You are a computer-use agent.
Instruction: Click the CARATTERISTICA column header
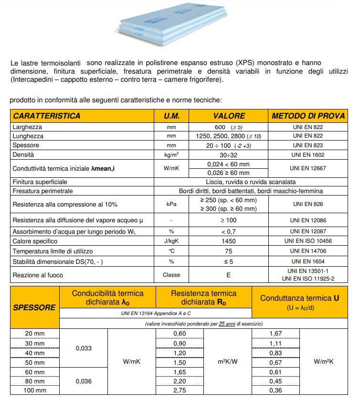click(47, 116)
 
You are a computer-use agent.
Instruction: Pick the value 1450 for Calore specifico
click(229, 241)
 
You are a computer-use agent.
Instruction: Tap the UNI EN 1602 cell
click(309, 155)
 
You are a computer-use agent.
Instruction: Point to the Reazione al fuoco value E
click(229, 275)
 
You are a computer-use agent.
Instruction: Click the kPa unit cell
click(171, 204)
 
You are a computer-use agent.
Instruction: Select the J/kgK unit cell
click(171, 241)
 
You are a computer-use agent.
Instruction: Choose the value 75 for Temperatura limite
click(229, 251)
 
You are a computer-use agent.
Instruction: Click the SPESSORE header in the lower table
click(34, 307)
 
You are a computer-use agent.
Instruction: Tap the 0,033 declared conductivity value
click(84, 348)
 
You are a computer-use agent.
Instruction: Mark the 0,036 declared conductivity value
click(84, 381)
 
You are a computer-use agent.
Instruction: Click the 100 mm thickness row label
click(34, 391)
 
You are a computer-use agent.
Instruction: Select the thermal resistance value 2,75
click(179, 391)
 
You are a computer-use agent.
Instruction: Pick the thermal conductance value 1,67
click(276, 333)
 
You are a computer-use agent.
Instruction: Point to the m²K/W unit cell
click(228, 362)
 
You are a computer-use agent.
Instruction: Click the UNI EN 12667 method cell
click(309, 168)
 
